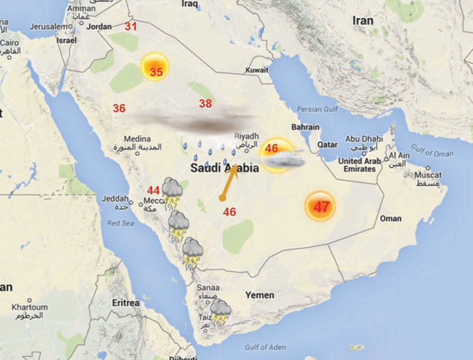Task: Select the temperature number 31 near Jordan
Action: point(131,27)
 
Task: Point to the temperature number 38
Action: point(205,104)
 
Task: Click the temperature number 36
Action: point(119,109)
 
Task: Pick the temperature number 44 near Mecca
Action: point(154,191)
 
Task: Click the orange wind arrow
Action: point(228,183)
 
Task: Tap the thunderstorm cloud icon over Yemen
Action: point(220,312)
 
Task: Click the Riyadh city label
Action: point(246,136)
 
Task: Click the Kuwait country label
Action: point(257,70)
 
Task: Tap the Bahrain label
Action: point(305,127)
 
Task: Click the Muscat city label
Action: point(428,175)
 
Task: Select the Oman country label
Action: point(389,218)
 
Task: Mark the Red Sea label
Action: point(120,223)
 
